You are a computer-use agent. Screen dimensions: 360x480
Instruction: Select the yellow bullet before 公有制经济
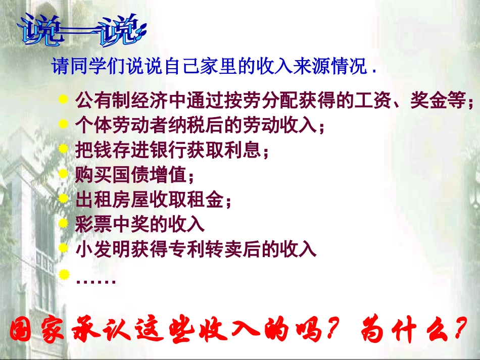tap(63, 100)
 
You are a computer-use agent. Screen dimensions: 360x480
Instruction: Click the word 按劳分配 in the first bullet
tap(252, 101)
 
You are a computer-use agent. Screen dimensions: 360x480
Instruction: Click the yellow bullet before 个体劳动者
tap(63, 124)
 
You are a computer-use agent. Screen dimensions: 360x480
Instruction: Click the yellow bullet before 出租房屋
tap(63, 199)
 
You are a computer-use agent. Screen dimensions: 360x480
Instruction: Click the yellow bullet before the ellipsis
tap(63, 274)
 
